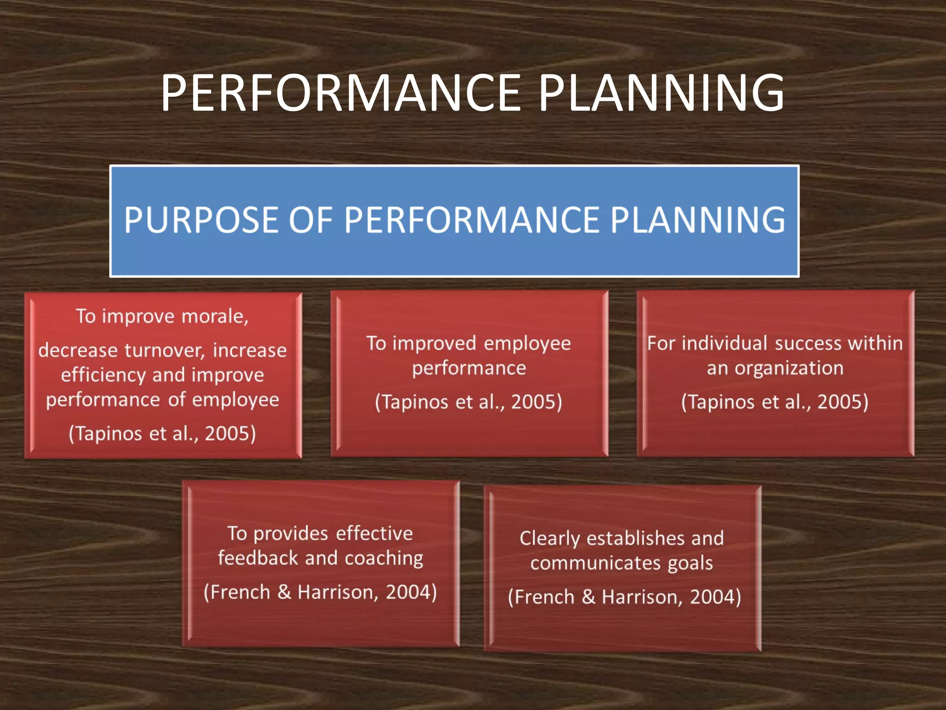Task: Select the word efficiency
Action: [103, 375]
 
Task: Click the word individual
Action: [725, 343]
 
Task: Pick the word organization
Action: [789, 368]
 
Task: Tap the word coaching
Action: [384, 559]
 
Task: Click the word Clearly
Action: [549, 539]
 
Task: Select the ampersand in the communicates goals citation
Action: [588, 597]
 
